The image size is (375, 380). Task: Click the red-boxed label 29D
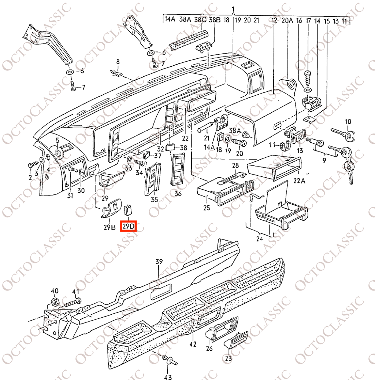coord(129,226)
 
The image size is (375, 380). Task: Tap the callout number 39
coord(159,262)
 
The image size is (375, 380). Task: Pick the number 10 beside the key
coord(348,121)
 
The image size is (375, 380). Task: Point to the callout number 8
coord(118,61)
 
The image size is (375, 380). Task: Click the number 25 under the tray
coord(207,208)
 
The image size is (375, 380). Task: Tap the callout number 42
coord(193,344)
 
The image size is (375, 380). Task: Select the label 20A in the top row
coord(287,21)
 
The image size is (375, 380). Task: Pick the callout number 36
coord(178,193)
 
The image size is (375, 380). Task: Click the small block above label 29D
coord(129,209)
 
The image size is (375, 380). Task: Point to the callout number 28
coord(235,165)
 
